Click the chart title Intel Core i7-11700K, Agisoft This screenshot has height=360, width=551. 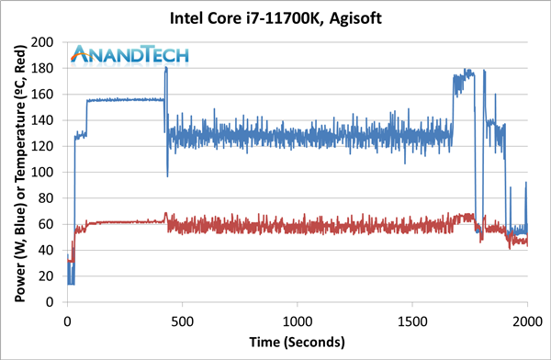275,17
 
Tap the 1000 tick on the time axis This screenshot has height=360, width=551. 297,322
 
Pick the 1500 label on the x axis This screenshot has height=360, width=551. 411,322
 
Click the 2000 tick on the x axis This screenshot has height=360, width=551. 526,322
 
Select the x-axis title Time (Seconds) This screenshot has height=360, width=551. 297,342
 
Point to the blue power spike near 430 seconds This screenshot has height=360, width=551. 166,70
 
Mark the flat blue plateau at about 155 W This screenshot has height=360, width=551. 124,100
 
